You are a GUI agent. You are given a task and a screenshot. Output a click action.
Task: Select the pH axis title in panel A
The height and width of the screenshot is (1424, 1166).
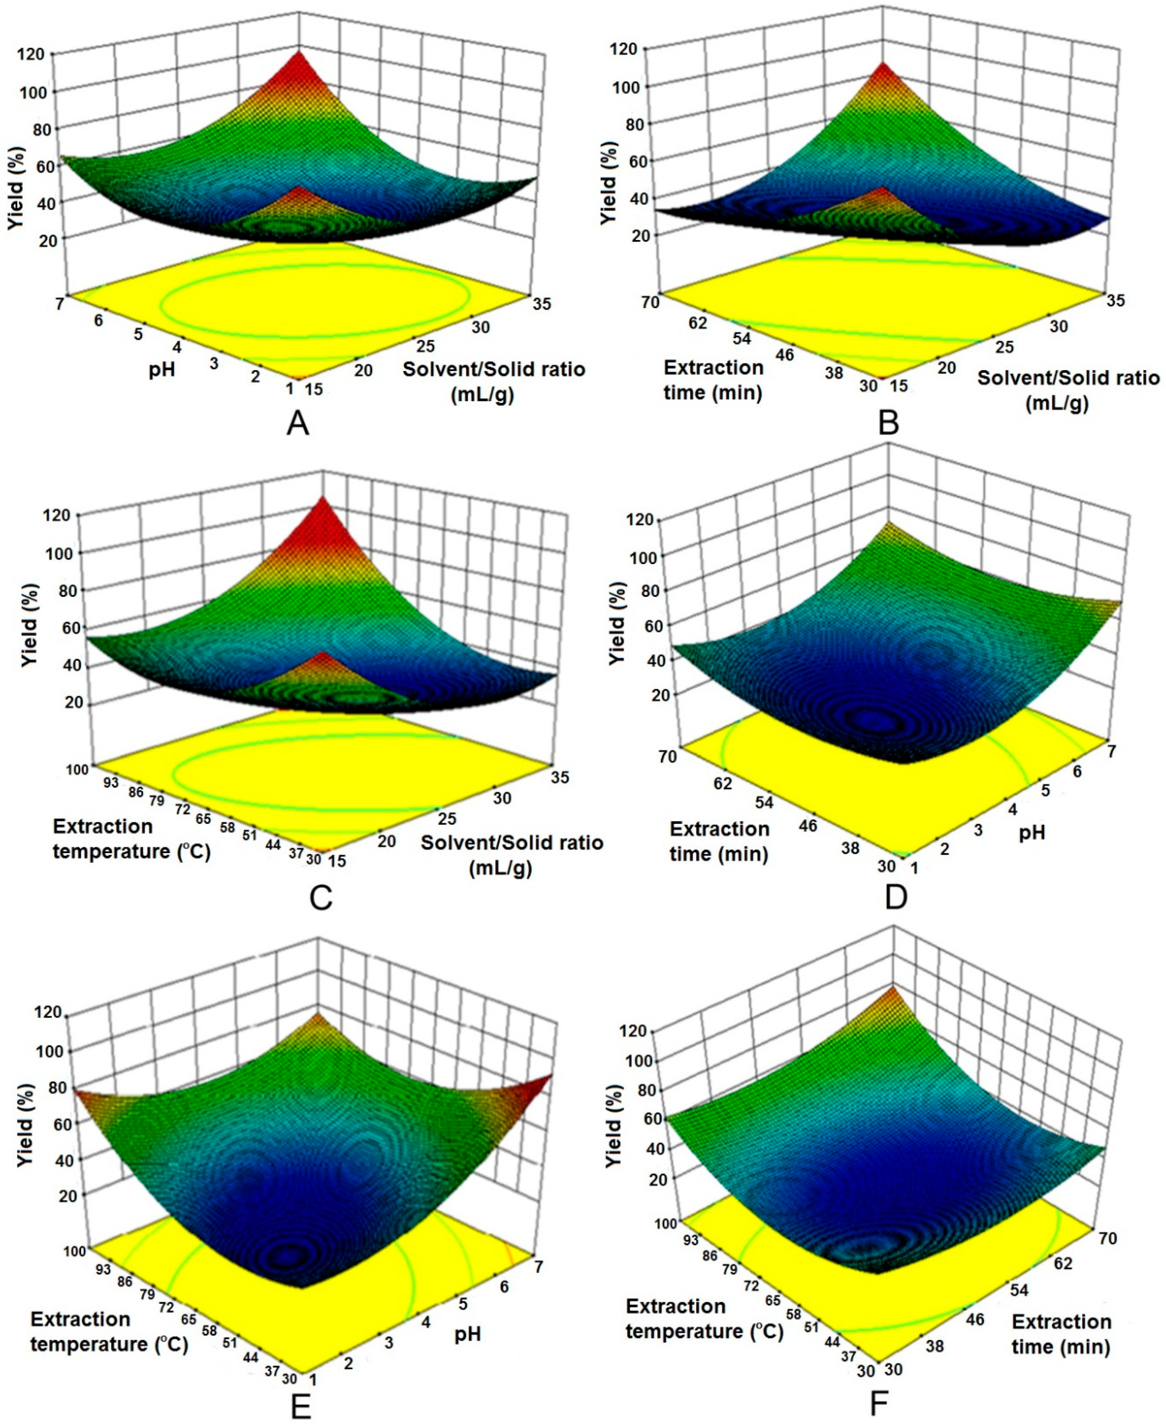(x=162, y=370)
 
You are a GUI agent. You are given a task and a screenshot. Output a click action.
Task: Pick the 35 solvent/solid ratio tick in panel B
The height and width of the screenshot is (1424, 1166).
(x=1116, y=300)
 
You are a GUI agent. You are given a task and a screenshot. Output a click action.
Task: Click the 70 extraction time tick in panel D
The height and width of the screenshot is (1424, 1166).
(x=667, y=757)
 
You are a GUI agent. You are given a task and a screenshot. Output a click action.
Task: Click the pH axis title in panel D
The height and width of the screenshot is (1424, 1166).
(x=1032, y=833)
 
